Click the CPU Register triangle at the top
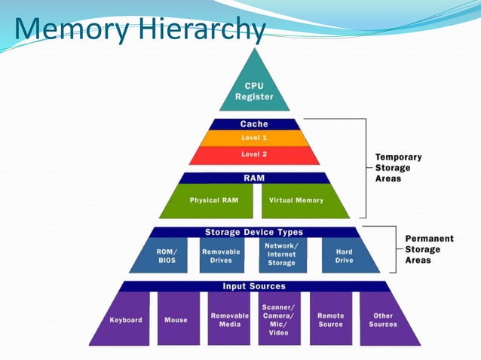coord(254,89)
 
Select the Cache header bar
coord(254,124)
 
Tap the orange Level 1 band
coord(254,138)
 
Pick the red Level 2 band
coord(254,154)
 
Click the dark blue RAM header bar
coord(254,178)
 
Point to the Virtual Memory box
coord(297,200)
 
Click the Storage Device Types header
coord(254,232)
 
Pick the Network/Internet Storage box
coord(282,255)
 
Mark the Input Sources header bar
coord(254,286)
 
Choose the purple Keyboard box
coord(124,319)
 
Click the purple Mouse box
coord(176,319)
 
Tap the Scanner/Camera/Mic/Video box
coord(279,319)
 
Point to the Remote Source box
coord(331,319)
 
